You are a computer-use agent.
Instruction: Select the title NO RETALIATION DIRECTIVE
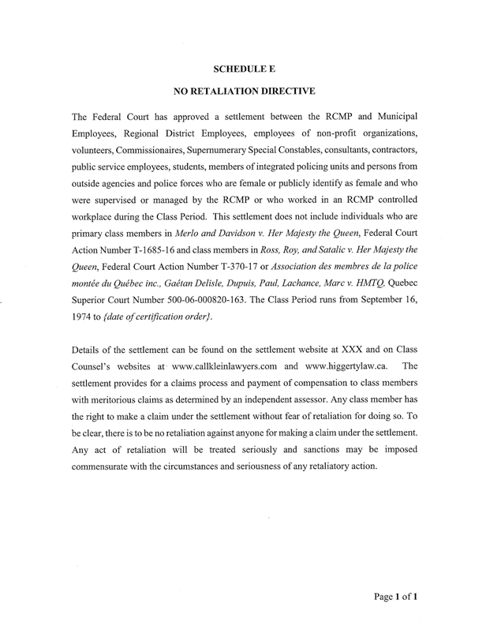pos(242,92)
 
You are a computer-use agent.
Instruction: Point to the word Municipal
pos(394,113)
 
